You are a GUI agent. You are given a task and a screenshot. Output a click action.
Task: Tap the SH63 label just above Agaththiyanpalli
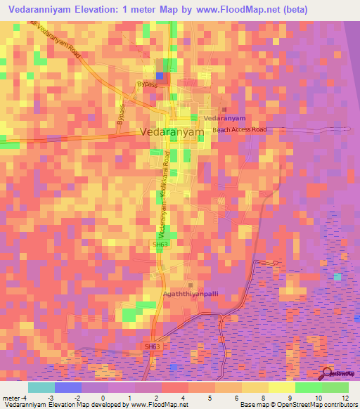coord(160,245)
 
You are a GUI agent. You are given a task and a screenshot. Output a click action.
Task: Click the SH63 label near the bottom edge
coord(153,346)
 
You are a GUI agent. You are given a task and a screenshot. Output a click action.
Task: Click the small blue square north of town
coord(160,76)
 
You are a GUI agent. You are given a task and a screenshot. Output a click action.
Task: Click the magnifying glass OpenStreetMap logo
coord(328,372)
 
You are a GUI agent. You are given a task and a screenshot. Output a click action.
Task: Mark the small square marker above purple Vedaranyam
coord(225,110)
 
